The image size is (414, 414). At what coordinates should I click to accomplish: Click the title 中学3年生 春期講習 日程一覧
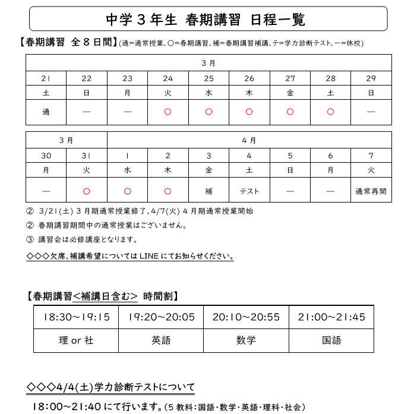206,20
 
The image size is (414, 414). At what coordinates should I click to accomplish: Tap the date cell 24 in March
168,78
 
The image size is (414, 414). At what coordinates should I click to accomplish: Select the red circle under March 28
330,112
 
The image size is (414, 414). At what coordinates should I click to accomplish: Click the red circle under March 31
87,191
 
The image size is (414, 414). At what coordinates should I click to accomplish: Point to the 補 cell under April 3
208,191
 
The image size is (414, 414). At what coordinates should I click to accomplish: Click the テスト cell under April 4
249,191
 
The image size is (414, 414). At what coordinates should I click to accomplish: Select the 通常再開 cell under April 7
371,191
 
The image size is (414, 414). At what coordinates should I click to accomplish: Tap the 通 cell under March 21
46,112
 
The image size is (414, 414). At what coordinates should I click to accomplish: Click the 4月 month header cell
249,140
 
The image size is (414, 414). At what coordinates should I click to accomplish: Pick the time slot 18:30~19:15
76,317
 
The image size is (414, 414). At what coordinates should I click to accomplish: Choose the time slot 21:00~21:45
331,317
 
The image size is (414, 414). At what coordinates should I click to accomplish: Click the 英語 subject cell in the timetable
161,340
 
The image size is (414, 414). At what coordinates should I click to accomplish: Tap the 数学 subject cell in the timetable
246,340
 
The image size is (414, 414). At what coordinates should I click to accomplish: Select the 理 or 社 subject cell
76,340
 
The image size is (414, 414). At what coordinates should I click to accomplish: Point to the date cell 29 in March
371,78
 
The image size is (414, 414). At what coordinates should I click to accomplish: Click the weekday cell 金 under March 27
290,93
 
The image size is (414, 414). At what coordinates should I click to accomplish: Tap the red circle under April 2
168,191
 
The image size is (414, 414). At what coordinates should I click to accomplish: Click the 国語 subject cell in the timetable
331,340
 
